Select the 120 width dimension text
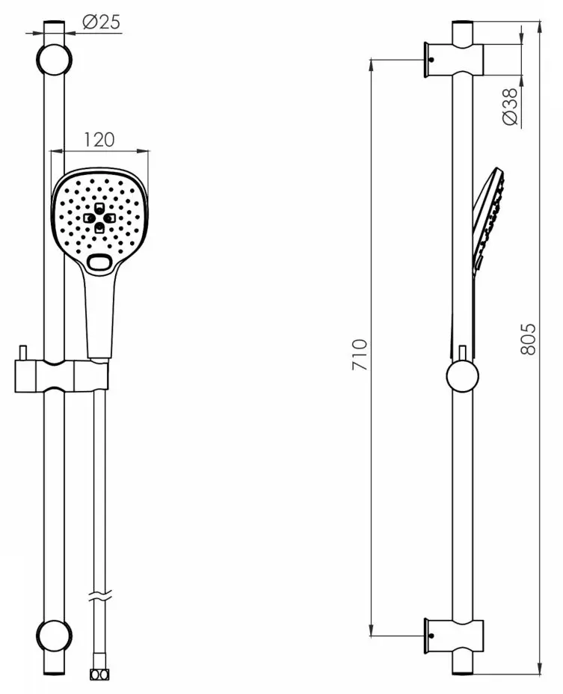click(x=99, y=139)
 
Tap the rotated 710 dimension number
click(x=360, y=355)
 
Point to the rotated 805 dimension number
click(x=528, y=339)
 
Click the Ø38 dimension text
click(x=511, y=106)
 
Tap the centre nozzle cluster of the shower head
click(x=100, y=218)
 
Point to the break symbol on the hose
click(x=100, y=597)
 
